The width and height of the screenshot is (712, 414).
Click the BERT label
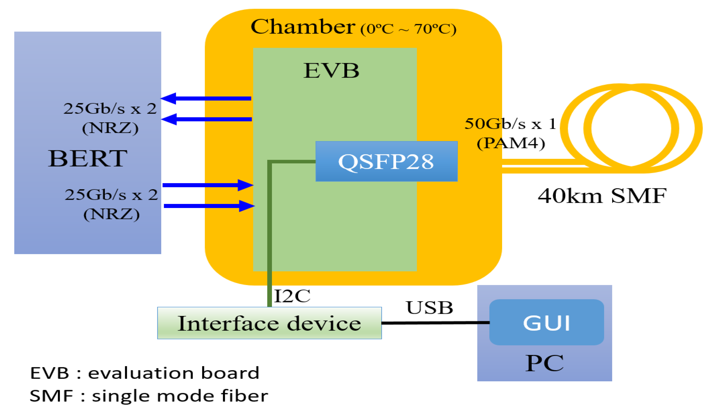(87, 159)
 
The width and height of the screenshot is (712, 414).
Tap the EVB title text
(331, 71)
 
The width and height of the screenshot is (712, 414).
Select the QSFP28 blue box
(386, 161)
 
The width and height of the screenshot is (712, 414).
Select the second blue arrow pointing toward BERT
(206, 119)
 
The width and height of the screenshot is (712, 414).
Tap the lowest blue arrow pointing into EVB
(209, 206)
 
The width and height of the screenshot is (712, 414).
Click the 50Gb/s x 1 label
(510, 124)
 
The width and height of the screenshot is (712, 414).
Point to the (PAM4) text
(511, 143)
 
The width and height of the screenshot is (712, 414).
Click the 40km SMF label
(602, 196)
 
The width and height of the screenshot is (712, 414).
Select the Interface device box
(269, 323)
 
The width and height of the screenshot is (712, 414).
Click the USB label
(429, 308)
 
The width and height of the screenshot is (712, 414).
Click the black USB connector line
(435, 323)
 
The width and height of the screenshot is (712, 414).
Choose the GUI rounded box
(546, 323)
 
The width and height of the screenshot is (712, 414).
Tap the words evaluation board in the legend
(173, 373)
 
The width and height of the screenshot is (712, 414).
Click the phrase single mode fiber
(180, 396)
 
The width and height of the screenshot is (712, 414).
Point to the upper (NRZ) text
(110, 128)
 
